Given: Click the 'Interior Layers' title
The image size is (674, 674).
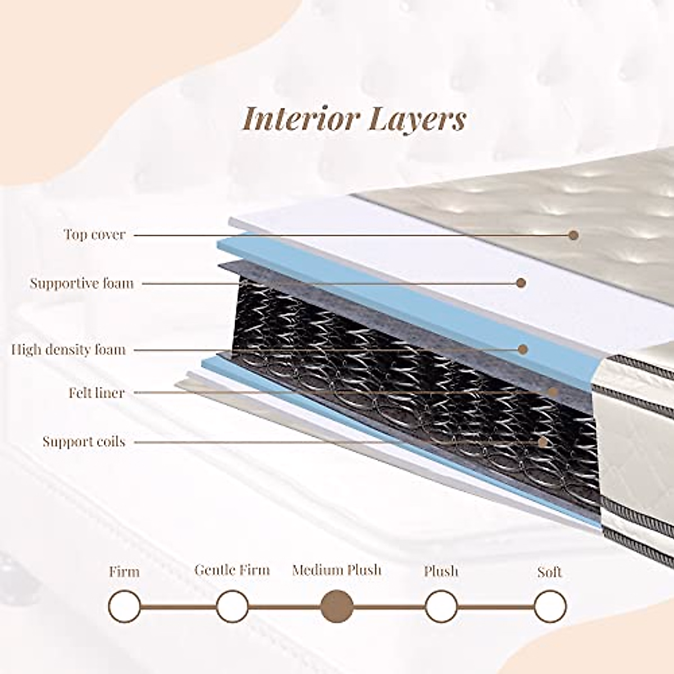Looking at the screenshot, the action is click(354, 119).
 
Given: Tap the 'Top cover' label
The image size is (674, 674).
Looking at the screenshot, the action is click(94, 234).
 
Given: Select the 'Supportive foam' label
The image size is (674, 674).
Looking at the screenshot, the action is click(82, 283).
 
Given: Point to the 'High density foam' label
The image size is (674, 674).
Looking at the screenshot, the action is click(69, 350).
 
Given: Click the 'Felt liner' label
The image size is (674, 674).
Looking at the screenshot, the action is click(97, 393).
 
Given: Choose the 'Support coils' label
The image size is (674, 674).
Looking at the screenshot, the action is click(84, 441).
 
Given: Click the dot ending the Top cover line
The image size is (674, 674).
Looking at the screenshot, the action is click(573, 235).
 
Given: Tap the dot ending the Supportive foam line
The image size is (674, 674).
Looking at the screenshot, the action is click(521, 283).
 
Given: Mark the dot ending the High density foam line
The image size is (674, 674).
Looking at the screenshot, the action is click(523, 349).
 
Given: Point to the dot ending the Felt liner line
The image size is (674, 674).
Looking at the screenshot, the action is click(553, 391).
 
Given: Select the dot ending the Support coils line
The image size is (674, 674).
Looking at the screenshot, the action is click(543, 441).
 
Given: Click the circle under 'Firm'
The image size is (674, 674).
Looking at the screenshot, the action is click(125, 607).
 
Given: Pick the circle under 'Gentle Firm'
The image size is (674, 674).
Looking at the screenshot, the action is click(232, 607).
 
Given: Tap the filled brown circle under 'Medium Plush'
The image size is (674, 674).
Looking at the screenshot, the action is click(336, 607).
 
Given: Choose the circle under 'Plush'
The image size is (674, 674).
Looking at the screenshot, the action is click(441, 607).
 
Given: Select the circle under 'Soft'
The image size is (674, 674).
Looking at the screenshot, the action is click(550, 607).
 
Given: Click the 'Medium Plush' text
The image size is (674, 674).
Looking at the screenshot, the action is click(336, 571).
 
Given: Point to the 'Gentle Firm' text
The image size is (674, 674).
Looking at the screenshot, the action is click(232, 570).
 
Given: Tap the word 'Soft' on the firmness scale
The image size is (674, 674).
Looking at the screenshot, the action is click(550, 572).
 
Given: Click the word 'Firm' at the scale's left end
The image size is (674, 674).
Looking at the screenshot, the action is click(124, 572).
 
